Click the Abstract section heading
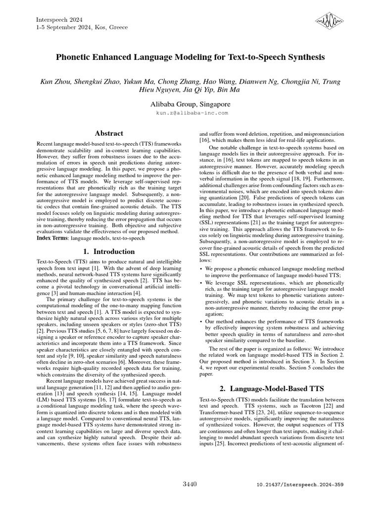[x=109, y=133]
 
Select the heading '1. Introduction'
[x=109, y=251]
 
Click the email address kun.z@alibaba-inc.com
[x=190, y=113]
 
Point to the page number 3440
[x=190, y=483]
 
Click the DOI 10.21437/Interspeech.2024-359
[x=300, y=485]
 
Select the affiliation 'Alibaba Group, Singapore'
[x=190, y=104]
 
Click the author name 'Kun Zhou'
[x=55, y=81]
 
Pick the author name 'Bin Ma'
[x=229, y=90]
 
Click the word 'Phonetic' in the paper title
[x=74, y=57]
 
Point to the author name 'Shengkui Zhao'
[x=96, y=81]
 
